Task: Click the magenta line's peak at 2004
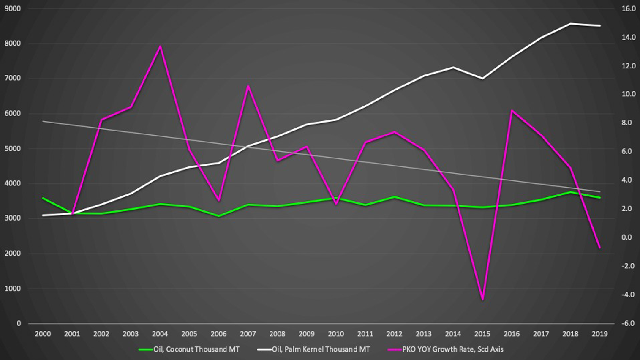tap(160, 46)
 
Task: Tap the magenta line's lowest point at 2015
tap(482, 300)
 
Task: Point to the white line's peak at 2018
tap(570, 24)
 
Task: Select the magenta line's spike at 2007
tap(248, 86)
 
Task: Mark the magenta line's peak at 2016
tap(512, 111)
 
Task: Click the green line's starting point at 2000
tap(43, 198)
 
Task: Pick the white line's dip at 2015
tap(482, 79)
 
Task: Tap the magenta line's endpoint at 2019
tap(599, 248)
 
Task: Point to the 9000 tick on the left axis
tap(13, 8)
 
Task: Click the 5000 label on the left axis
tap(13, 149)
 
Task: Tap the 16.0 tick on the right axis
tap(629, 8)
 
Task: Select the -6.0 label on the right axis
tap(629, 323)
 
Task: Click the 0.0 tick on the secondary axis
tap(629, 237)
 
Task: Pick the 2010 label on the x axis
tap(336, 334)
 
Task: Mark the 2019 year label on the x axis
tap(599, 334)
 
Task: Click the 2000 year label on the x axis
tap(43, 334)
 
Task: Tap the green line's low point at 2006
tap(218, 216)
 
